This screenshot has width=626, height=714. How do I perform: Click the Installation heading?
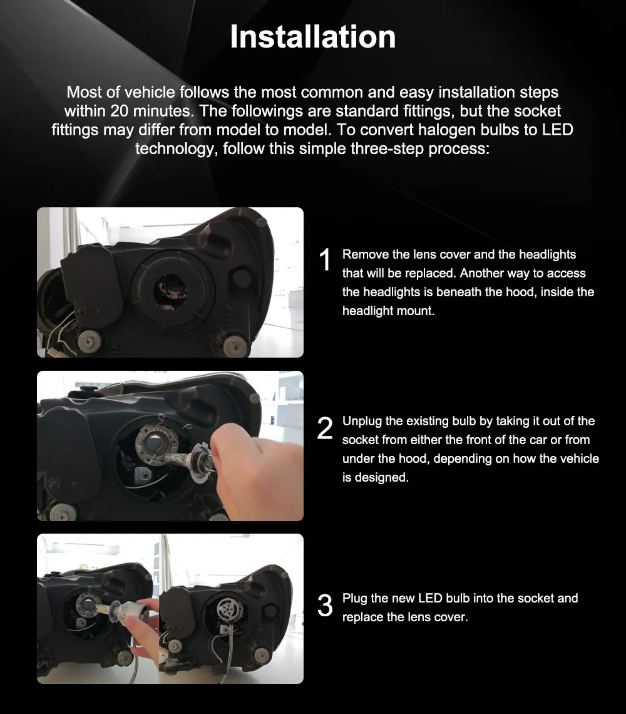[313, 36]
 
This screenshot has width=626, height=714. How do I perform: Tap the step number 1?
[325, 260]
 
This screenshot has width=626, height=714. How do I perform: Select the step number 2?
[325, 428]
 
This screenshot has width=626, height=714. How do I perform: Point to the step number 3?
[325, 606]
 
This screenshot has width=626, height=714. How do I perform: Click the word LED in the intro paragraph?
[557, 130]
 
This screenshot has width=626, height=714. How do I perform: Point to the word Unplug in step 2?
[362, 422]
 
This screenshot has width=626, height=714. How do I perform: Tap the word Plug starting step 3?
[354, 598]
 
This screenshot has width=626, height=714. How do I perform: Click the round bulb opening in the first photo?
[170, 291]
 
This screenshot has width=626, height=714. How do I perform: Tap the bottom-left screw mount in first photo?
[90, 341]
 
